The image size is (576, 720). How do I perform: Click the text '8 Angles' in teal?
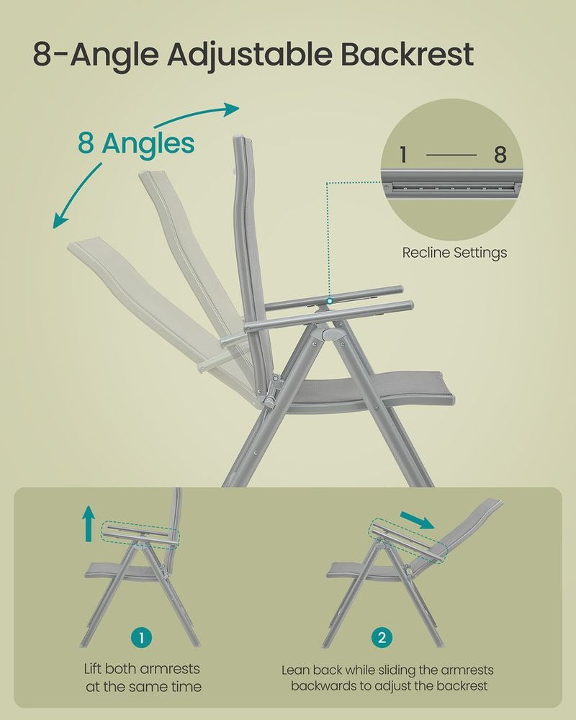136,143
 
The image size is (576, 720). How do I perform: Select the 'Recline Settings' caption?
454,253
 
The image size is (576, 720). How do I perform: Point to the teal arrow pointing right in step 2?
418,518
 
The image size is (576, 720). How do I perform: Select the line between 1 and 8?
452,154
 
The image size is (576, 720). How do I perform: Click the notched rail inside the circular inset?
452,188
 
